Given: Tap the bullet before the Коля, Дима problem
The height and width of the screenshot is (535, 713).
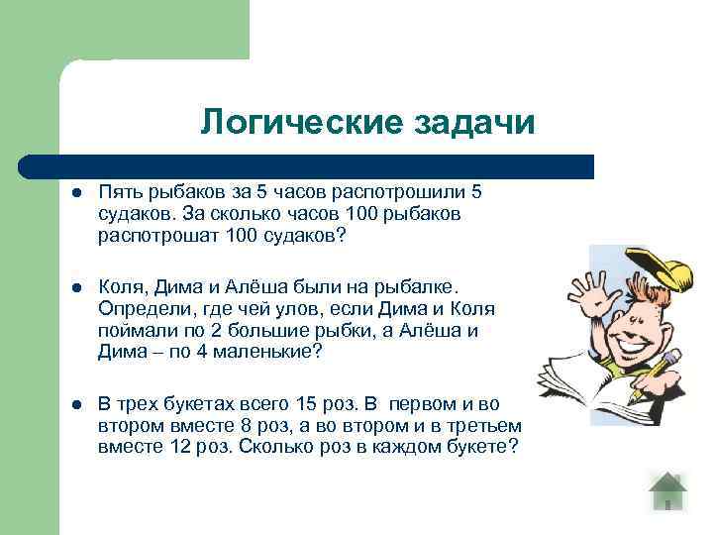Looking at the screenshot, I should pyautogui.click(x=72, y=287).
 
